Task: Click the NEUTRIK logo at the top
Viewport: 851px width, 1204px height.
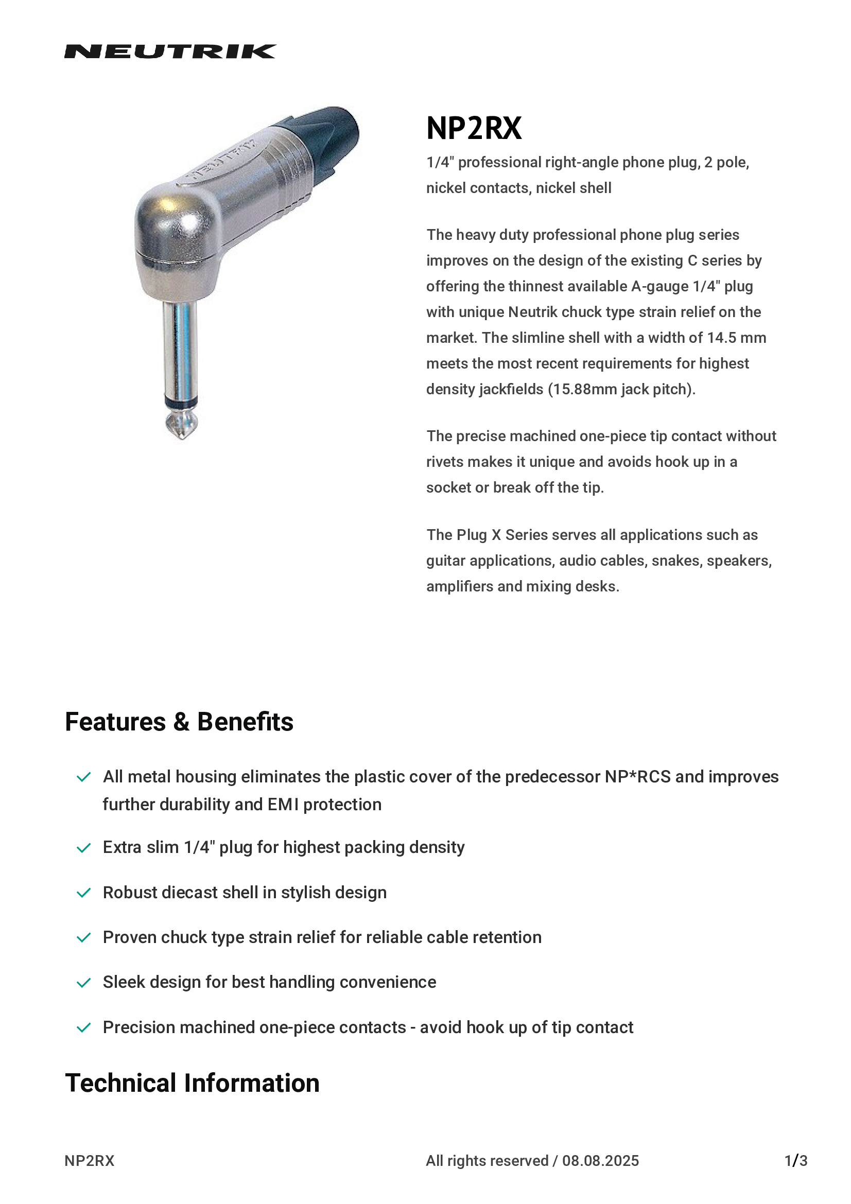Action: [170, 51]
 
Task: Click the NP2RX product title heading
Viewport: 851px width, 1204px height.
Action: [474, 129]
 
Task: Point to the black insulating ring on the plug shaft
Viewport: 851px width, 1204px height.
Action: [181, 403]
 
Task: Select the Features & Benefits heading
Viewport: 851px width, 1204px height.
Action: [179, 722]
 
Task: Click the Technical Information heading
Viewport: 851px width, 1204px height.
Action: [192, 1083]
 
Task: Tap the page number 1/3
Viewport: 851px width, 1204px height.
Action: [795, 1160]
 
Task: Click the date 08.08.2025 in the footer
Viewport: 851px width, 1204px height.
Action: [600, 1160]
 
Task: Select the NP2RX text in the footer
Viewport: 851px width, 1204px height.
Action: [89, 1160]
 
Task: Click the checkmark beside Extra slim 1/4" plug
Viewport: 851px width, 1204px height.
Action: [84, 848]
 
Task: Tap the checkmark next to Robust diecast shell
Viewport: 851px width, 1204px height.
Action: [84, 893]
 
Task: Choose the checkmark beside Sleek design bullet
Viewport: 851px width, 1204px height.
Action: [84, 982]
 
